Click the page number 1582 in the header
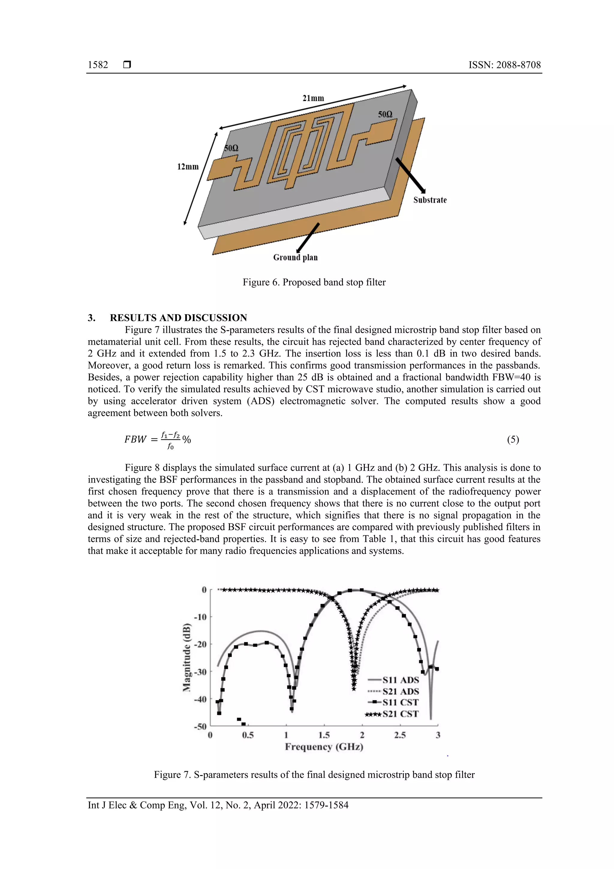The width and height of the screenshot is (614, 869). [x=98, y=65]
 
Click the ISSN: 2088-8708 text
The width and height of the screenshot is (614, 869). [x=504, y=65]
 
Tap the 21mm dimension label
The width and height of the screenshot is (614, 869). [x=313, y=98]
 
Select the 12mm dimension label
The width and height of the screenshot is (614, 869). [x=188, y=166]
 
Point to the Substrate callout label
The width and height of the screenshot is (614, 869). [x=430, y=200]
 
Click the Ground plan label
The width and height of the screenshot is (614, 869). [x=296, y=257]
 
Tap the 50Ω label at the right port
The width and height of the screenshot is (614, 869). [x=385, y=114]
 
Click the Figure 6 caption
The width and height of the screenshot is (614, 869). [x=314, y=282]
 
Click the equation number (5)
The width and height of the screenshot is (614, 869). [x=513, y=439]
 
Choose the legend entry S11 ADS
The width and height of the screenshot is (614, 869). [x=400, y=680]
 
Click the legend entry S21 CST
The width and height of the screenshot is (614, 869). [x=400, y=714]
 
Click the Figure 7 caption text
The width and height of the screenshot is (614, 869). [x=314, y=775]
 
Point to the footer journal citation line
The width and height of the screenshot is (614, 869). [x=218, y=805]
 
